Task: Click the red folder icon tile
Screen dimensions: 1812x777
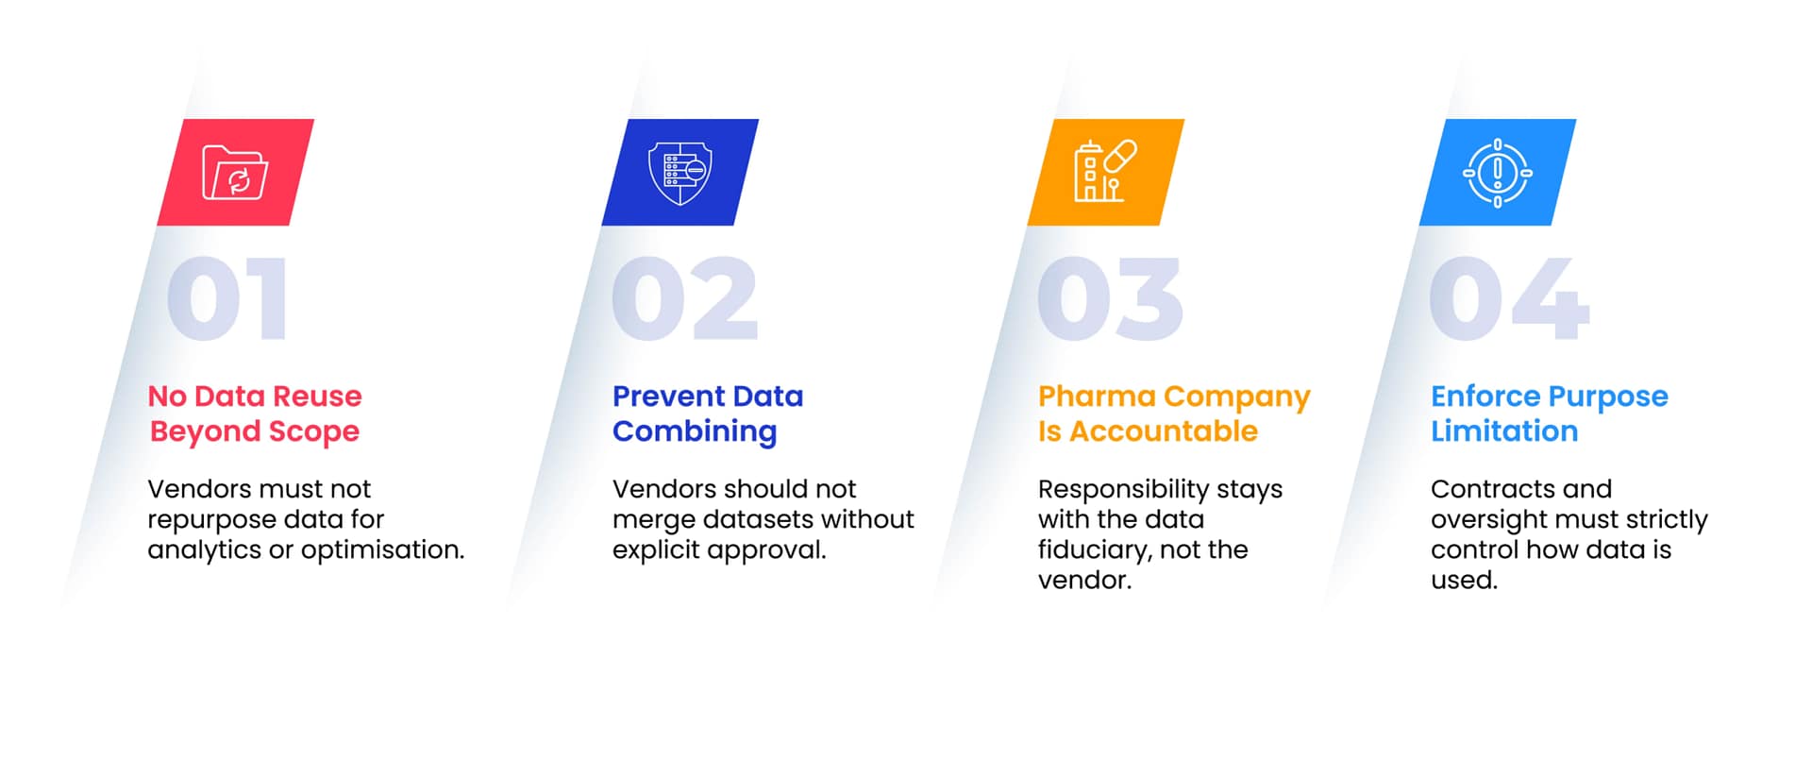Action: pos(236,172)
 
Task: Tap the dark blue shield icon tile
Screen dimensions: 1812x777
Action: pos(680,172)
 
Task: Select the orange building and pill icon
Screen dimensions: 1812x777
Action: pos(1105,171)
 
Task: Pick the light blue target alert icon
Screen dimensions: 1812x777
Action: pos(1498,173)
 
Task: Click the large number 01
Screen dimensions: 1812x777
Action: pos(227,298)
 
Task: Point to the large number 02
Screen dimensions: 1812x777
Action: pos(685,298)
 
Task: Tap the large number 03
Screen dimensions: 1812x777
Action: pos(1110,298)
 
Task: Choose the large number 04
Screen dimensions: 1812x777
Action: pos(1509,298)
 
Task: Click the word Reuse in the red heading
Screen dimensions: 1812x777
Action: pos(317,396)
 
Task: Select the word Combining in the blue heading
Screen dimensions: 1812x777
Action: pos(695,431)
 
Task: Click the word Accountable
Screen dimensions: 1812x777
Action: pos(1164,431)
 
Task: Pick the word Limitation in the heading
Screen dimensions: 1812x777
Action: pos(1504,431)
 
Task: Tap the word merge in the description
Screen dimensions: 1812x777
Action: pos(654,520)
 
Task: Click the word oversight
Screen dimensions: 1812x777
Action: pos(1486,519)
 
